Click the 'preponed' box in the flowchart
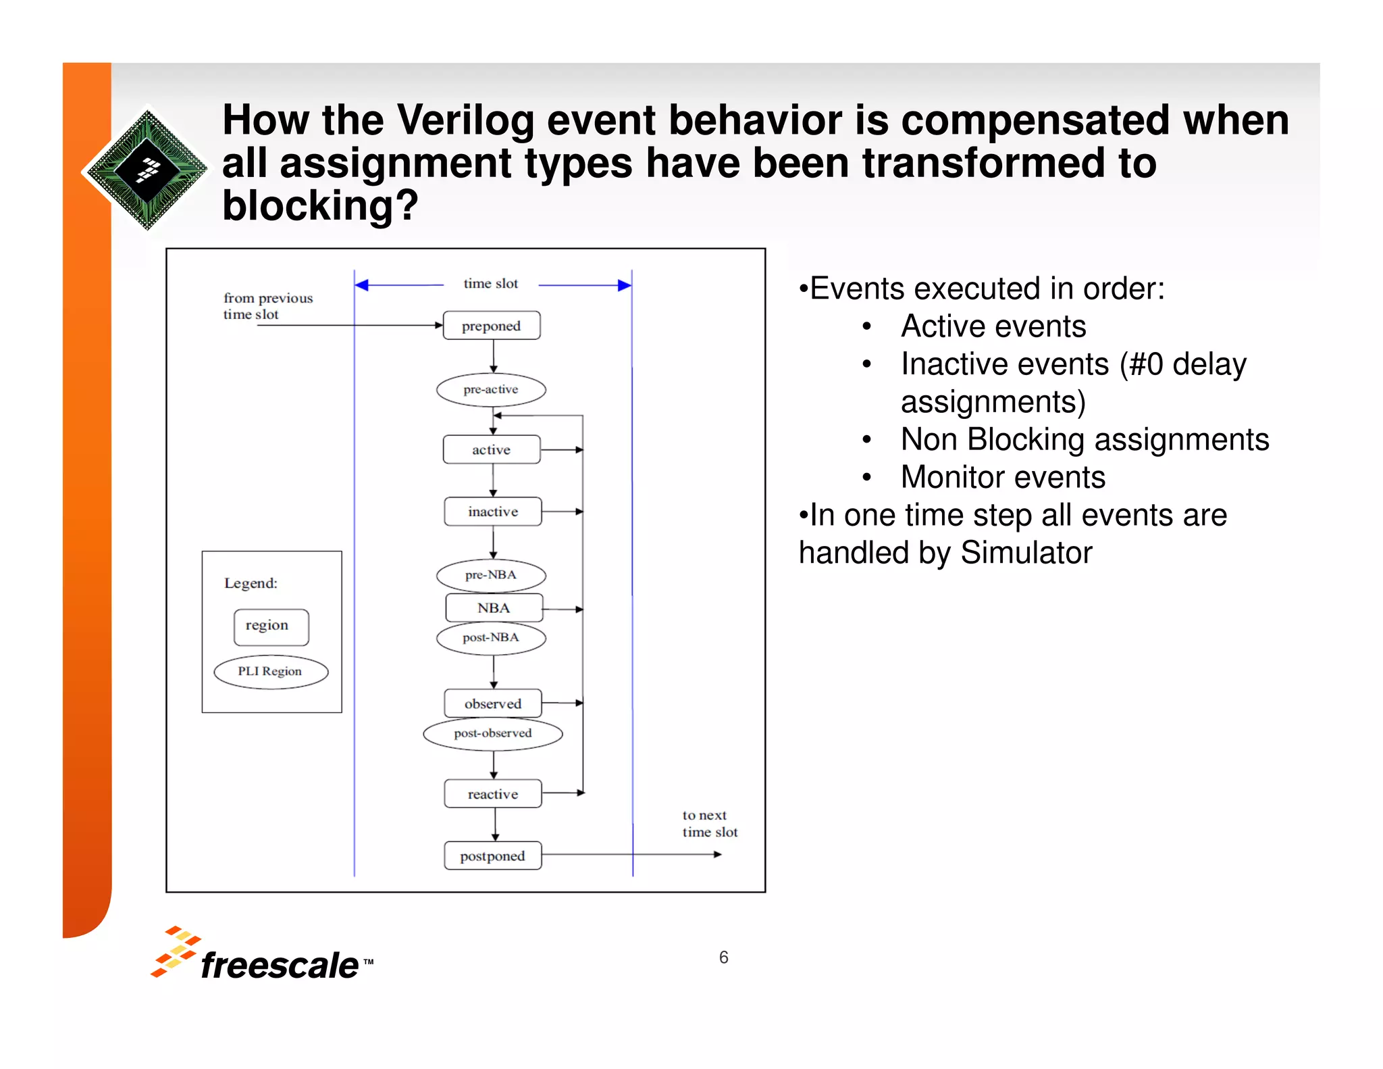click(x=491, y=326)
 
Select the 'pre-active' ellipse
click(x=491, y=390)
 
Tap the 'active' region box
click(x=491, y=450)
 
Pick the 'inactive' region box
click(x=492, y=512)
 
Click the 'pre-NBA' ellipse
click(x=491, y=575)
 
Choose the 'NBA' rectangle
click(x=494, y=608)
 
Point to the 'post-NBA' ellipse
click(x=491, y=638)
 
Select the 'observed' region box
click(x=492, y=704)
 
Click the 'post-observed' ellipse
click(x=492, y=734)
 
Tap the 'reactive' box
click(x=492, y=795)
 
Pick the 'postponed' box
click(x=492, y=856)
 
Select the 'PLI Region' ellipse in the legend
click(x=271, y=672)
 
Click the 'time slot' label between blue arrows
click(x=491, y=284)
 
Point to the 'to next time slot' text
click(x=709, y=824)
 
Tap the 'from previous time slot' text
click(x=267, y=306)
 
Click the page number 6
click(x=723, y=958)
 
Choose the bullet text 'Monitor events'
click(x=1003, y=477)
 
